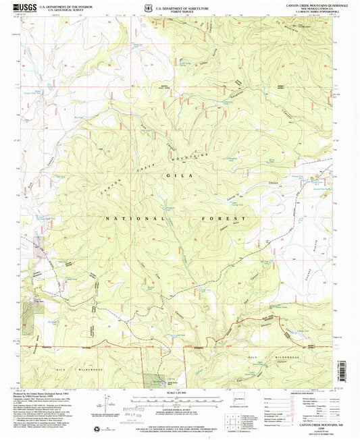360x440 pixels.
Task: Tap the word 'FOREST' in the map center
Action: pyautogui.click(x=226, y=219)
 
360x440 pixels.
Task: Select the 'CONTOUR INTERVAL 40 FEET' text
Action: pyautogui.click(x=182, y=410)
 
